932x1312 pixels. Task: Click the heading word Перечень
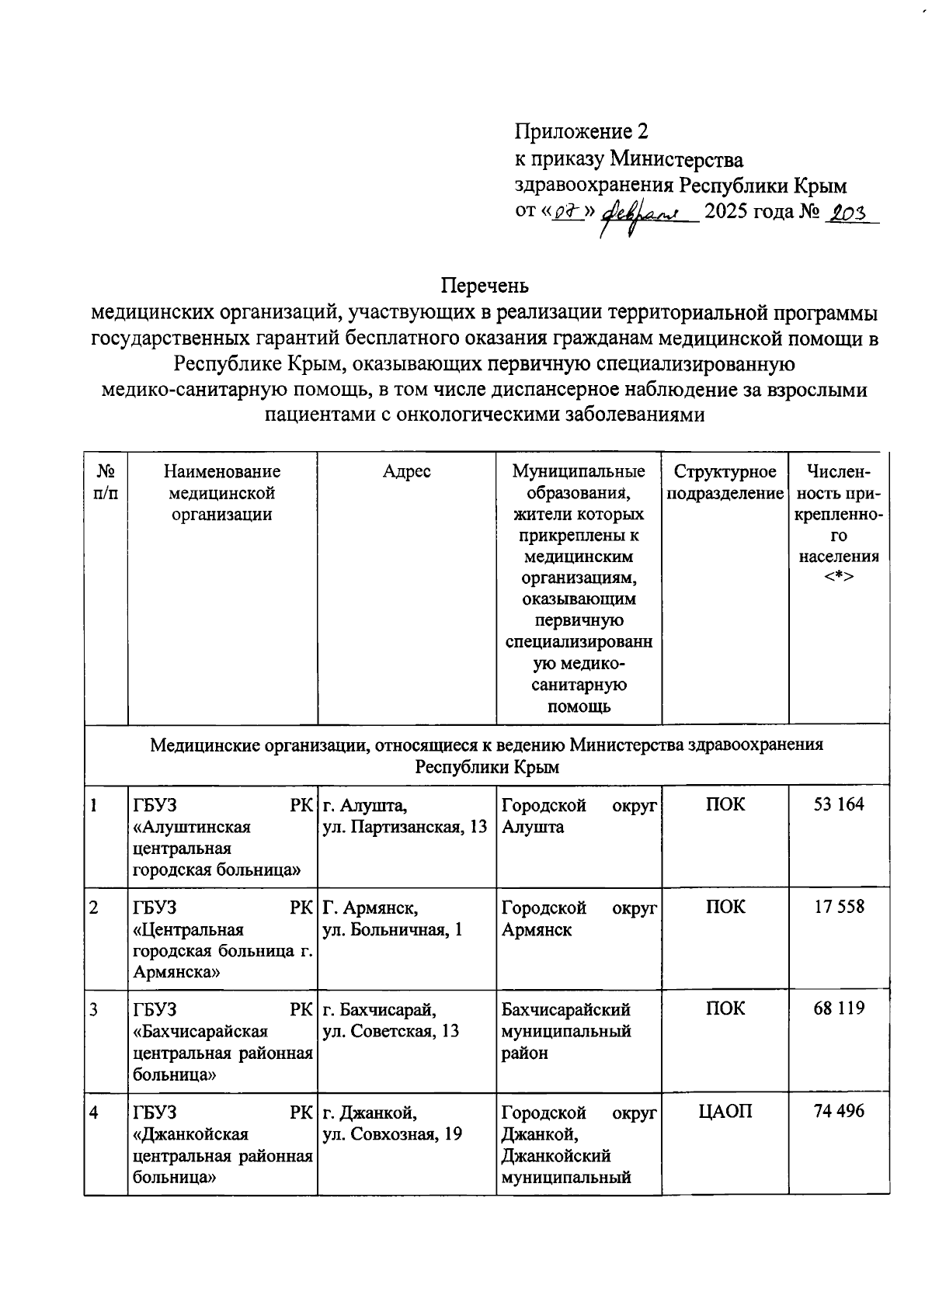coord(485,286)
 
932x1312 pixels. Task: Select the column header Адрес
coord(406,471)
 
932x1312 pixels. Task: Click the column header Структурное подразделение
coord(725,482)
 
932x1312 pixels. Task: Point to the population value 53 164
coord(838,804)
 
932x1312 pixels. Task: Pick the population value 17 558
coord(838,907)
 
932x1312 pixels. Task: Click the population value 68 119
coord(838,1008)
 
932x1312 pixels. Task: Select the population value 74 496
coord(838,1111)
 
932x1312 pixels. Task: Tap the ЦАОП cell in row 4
coord(725,1112)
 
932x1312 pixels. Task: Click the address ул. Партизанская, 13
coord(405,827)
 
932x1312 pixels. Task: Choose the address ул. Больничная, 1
coord(392,929)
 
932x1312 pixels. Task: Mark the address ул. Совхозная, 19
coord(392,1133)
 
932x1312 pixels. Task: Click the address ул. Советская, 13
coord(391,1031)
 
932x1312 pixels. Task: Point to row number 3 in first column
coord(93,1009)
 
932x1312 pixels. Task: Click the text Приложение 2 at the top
coord(581,131)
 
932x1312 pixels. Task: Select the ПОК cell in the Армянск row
coord(725,907)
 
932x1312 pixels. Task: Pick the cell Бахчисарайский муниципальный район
coord(565,1031)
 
